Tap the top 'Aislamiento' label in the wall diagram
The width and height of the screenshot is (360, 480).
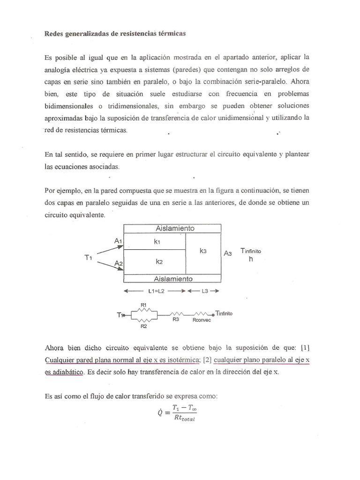(175, 228)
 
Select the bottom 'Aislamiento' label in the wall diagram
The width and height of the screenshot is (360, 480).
(175, 278)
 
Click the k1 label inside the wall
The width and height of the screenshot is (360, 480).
(157, 242)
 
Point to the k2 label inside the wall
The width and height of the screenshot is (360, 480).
(159, 262)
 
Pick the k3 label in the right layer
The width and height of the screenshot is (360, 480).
(203, 251)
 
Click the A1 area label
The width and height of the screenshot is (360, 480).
(118, 240)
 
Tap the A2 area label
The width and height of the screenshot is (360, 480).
(118, 264)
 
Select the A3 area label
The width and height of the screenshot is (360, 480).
(228, 253)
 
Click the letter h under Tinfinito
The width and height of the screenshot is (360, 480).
(250, 259)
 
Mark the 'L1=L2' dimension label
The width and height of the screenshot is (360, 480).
(155, 291)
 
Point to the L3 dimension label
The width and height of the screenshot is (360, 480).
(205, 291)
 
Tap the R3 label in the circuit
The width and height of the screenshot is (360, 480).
(176, 319)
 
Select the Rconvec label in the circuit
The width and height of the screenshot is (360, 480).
(202, 320)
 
